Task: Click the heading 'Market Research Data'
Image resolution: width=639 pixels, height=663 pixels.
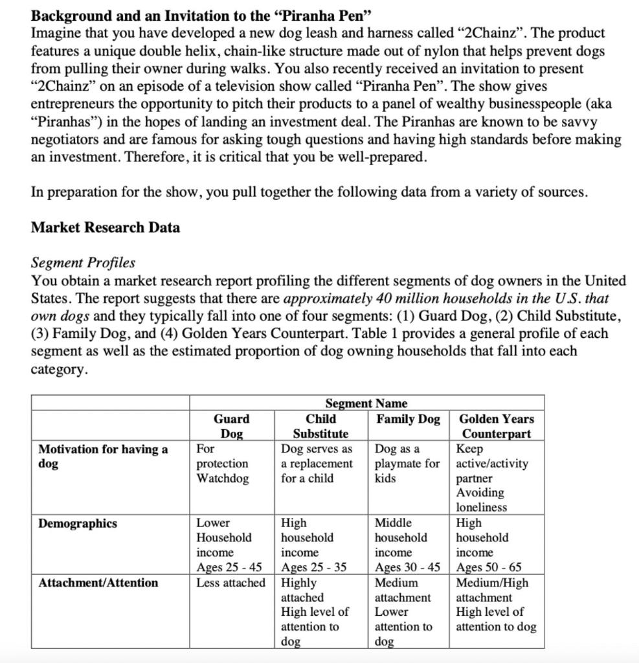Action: coord(106,228)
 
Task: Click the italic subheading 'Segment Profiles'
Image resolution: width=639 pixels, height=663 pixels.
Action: coord(84,263)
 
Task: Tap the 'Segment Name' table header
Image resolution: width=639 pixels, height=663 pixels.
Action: coord(366,403)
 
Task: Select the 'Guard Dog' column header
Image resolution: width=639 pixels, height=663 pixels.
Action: coord(231,426)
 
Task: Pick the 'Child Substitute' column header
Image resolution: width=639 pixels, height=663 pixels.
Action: coord(320,426)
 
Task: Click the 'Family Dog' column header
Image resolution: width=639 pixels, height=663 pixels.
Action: coord(408,419)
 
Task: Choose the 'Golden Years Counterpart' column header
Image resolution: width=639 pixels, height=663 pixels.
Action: coord(497,426)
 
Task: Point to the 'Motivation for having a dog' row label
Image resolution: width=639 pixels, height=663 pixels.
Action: coord(103,456)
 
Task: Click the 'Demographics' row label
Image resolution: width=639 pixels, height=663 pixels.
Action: coord(78,524)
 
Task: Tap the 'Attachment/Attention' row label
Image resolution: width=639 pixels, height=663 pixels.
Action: coord(98,583)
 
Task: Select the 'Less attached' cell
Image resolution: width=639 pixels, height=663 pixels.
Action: coord(230,583)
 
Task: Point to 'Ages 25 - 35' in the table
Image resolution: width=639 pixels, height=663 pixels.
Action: coord(313,568)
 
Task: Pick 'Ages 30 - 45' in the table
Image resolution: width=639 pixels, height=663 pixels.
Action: coord(408,568)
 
